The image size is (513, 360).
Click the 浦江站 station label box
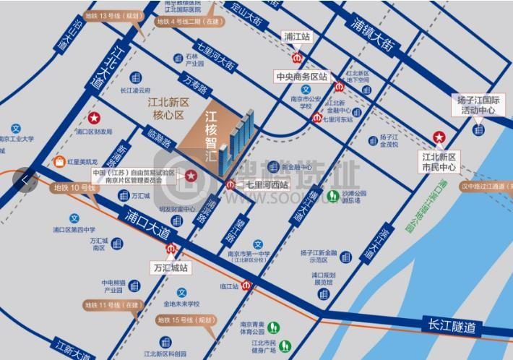point(296,35)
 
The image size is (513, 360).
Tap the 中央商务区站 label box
point(301,76)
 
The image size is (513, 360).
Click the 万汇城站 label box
point(171,267)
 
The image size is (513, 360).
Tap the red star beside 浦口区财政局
point(93,117)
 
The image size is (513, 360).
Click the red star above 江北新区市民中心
point(439,137)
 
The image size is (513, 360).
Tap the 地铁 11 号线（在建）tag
point(112,306)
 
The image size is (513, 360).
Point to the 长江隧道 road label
point(452,326)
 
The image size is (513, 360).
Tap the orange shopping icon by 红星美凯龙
point(58,162)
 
